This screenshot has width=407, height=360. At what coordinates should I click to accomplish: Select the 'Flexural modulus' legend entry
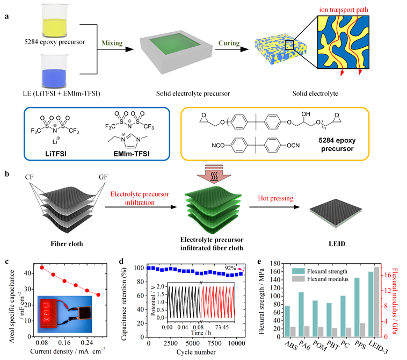pyautogui.click(x=341, y=279)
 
